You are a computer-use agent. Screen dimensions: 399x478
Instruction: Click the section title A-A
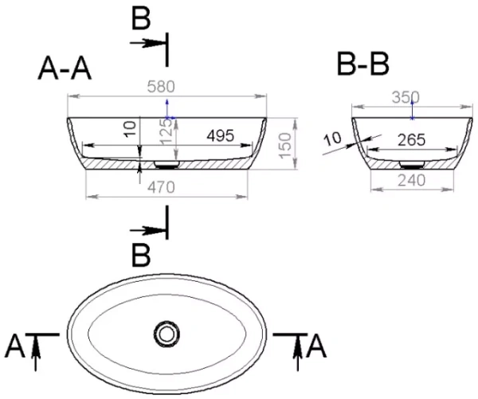click(65, 71)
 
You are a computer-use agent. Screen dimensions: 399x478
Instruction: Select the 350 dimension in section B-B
click(406, 98)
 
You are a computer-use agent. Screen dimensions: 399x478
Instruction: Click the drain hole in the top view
click(167, 333)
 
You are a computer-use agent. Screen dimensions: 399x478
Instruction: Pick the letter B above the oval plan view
click(141, 257)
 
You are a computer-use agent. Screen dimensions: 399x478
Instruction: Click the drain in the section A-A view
click(167, 164)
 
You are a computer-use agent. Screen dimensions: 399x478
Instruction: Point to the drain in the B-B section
click(410, 158)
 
